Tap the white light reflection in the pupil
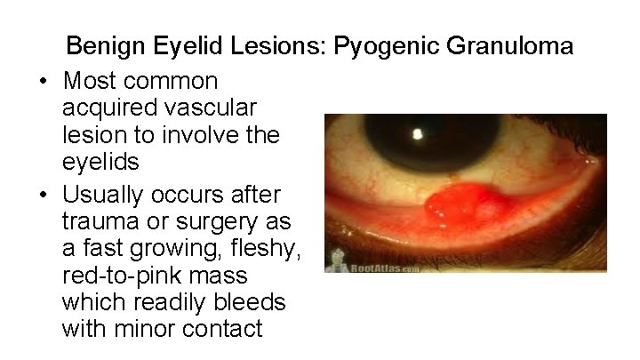tap(419, 135)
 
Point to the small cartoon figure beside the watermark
tap(339, 260)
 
